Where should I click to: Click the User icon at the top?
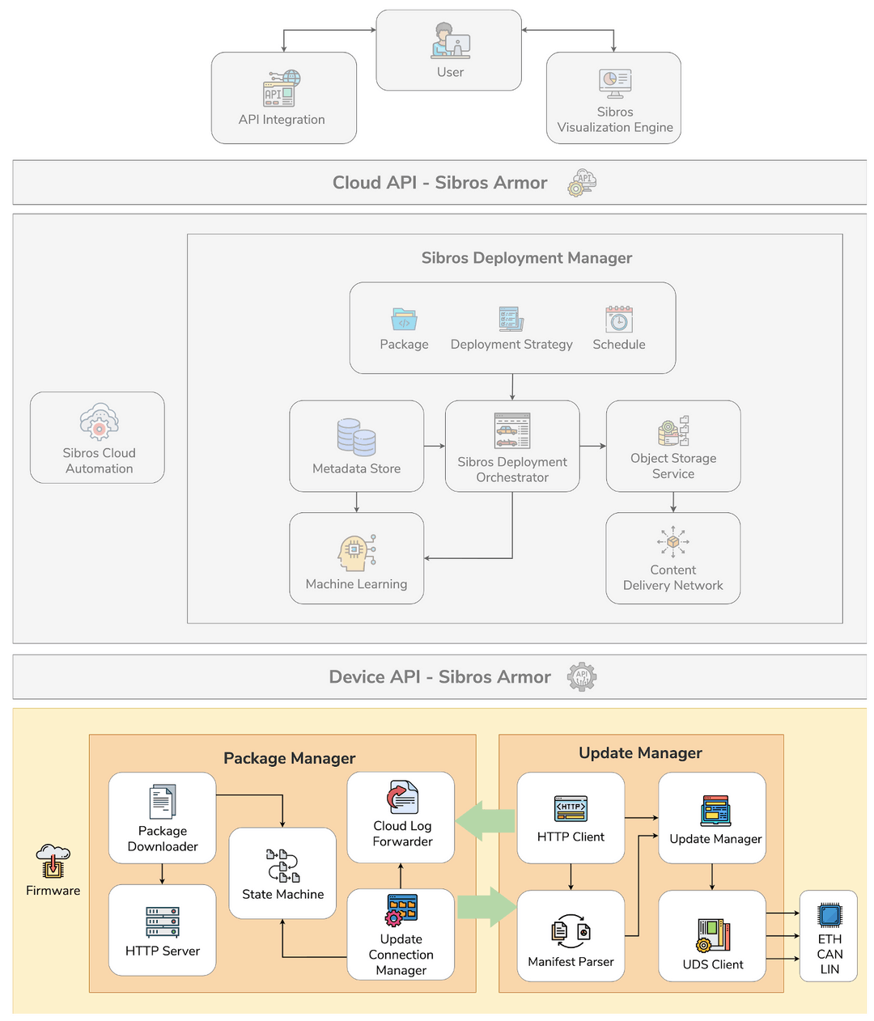[450, 40]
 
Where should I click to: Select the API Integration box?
[283, 98]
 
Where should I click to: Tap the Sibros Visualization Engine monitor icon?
[615, 82]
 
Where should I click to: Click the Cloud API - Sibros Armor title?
[439, 183]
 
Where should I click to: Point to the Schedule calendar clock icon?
[619, 319]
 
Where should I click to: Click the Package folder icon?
[404, 319]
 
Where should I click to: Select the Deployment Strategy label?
[511, 345]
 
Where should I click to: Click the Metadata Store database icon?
[356, 437]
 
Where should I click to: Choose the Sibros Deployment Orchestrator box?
[512, 446]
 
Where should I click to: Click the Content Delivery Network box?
[672, 558]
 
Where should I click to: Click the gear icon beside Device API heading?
[582, 677]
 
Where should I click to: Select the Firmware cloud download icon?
[53, 861]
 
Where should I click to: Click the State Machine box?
[282, 873]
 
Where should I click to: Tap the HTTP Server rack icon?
[163, 921]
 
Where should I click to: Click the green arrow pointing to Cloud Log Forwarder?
[486, 820]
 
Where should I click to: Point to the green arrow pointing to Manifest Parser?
[486, 907]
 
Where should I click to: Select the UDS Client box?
[712, 936]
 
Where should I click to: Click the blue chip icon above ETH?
[829, 915]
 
